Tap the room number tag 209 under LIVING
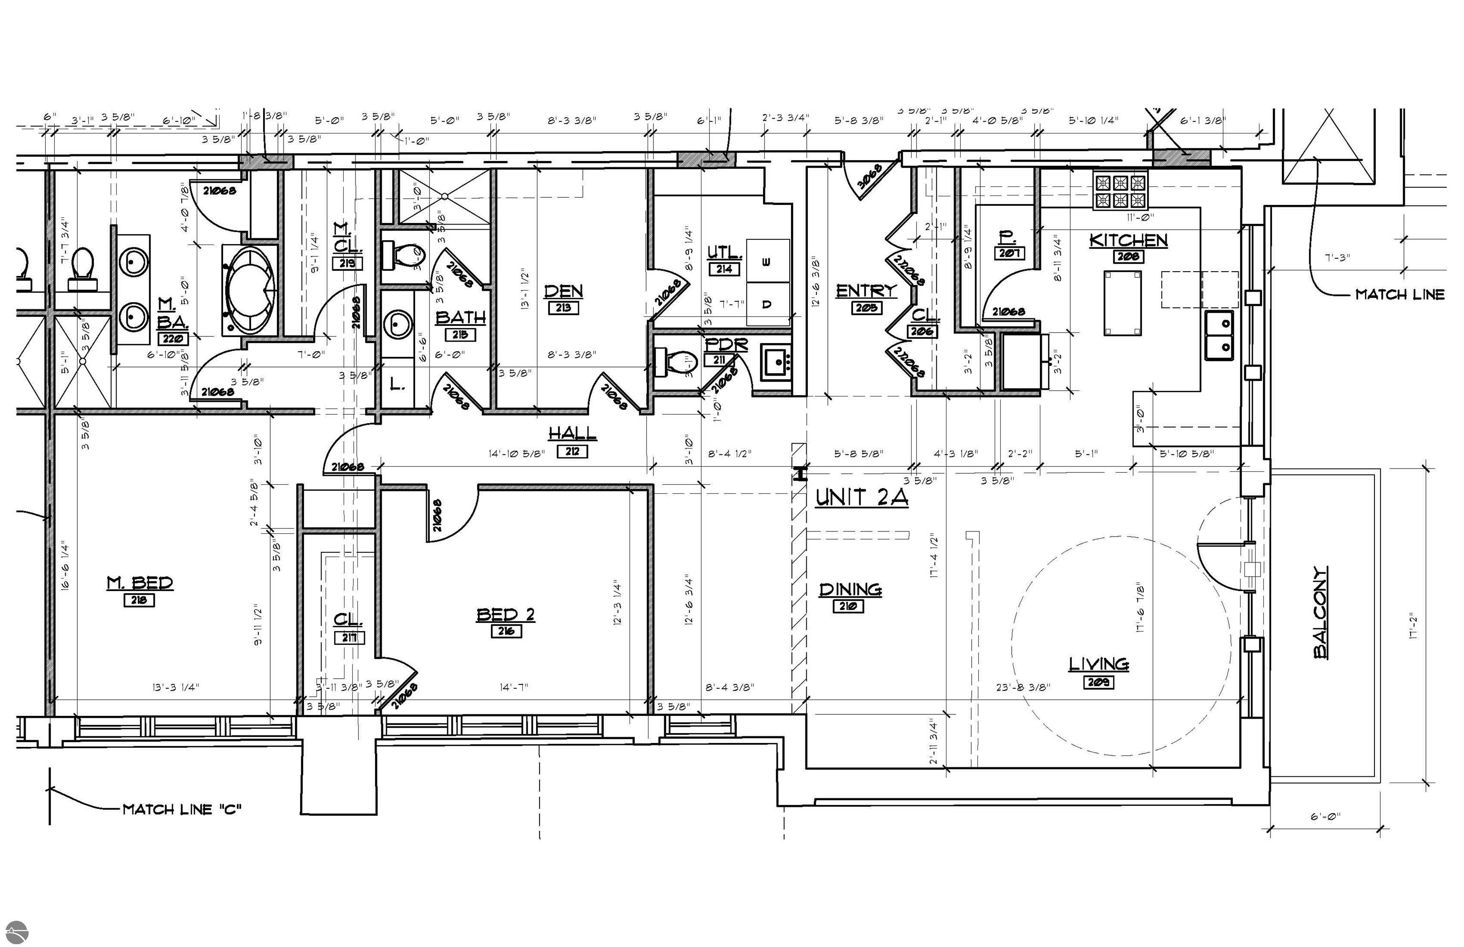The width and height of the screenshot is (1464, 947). [x=1098, y=682]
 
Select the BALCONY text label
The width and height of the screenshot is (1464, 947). [x=1320, y=612]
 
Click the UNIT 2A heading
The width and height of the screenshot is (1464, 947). [x=862, y=497]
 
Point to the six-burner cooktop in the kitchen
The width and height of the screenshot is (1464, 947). [x=1120, y=191]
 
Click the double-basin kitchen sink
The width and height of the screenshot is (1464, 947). [x=1219, y=336]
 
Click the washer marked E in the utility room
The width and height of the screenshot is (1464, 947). [x=767, y=261]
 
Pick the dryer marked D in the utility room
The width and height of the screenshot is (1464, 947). [x=767, y=304]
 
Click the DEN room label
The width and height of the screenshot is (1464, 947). [x=563, y=291]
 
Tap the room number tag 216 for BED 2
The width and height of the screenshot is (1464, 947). [x=506, y=631]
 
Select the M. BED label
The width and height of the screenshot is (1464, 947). [x=140, y=582]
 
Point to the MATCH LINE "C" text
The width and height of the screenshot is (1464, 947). [x=182, y=809]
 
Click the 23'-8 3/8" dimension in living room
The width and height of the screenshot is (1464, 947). [x=1023, y=687]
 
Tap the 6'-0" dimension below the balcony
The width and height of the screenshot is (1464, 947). [x=1325, y=816]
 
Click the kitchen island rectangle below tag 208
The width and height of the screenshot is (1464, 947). [x=1122, y=303]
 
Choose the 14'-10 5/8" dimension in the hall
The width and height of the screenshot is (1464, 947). [x=517, y=454]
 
